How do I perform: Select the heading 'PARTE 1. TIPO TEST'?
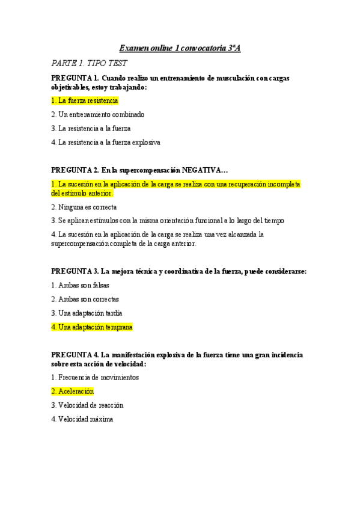pos(89,63)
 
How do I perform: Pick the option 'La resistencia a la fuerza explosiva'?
pos(106,143)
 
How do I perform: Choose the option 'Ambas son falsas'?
pos(80,285)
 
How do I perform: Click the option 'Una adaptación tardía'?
pos(87,313)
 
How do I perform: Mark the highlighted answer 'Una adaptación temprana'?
pos(91,327)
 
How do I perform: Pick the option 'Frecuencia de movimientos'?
pos(95,377)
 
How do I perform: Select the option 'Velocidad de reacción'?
pos(87,405)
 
